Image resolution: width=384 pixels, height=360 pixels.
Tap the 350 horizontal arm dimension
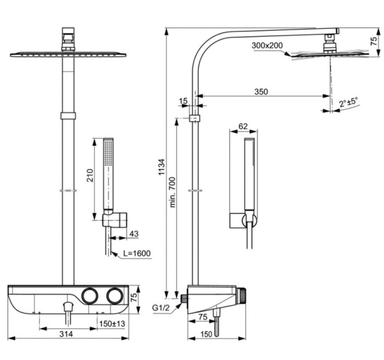pyautogui.click(x=260, y=91)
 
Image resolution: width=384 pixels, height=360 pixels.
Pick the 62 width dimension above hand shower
pyautogui.click(x=243, y=126)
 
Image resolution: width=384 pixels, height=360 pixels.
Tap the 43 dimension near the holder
pyautogui.click(x=133, y=233)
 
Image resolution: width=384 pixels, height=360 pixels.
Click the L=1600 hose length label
pyautogui.click(x=136, y=254)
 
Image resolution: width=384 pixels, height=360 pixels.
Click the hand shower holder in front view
pyautogui.click(x=109, y=219)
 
